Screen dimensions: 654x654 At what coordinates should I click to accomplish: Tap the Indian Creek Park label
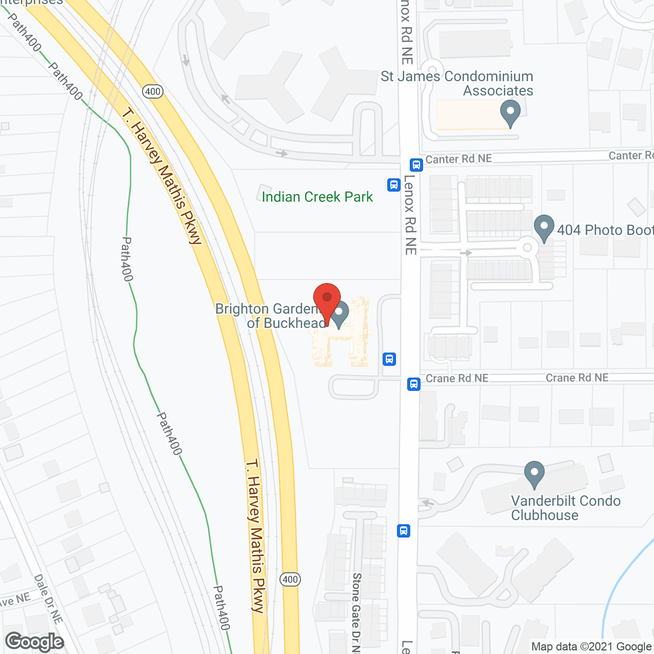point(317,197)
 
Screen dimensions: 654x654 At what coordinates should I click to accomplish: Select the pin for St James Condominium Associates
point(510,113)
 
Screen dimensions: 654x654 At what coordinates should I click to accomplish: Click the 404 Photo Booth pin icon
point(544,227)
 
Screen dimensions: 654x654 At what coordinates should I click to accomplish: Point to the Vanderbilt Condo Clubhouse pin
point(534,474)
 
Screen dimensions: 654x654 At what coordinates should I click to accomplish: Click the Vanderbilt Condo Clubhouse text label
point(566,508)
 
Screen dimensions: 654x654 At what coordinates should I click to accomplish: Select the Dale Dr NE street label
point(48,599)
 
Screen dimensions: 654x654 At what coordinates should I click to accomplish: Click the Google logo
point(34,642)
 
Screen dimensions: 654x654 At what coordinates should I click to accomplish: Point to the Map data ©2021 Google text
point(592,647)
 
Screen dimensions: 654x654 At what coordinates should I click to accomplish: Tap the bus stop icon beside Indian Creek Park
point(393,184)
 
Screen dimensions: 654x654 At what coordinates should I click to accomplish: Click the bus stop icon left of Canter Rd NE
point(416,165)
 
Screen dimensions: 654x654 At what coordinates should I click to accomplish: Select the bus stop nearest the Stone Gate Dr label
point(404,531)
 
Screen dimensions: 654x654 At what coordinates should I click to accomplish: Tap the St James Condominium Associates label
point(457,83)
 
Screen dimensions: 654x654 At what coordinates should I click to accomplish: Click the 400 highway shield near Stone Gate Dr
point(290,579)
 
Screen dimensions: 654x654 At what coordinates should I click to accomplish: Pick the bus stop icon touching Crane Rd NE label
point(414,384)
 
